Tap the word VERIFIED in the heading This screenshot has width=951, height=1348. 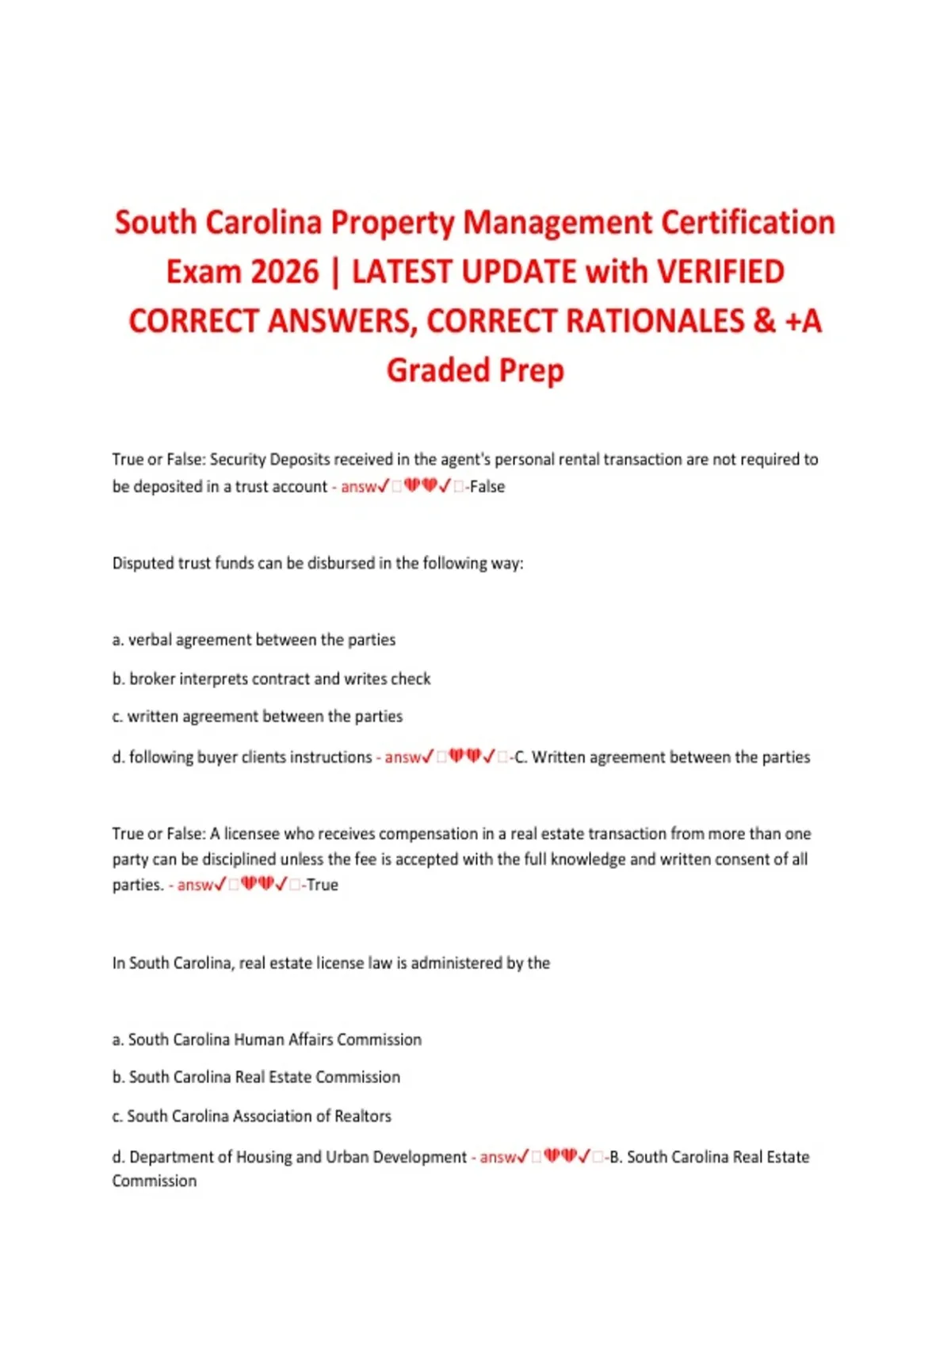[x=720, y=272]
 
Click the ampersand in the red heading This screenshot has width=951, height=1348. [x=764, y=321]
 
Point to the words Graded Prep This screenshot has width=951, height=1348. [x=475, y=370]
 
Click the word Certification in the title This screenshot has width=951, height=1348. [x=747, y=223]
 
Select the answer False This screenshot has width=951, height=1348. [x=487, y=487]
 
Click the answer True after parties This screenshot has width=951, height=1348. [x=322, y=885]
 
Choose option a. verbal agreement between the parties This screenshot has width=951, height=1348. [x=254, y=640]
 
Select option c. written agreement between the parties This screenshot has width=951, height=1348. [x=258, y=717]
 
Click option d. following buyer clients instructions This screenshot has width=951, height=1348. [x=242, y=757]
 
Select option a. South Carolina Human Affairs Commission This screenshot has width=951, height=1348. [x=267, y=1040]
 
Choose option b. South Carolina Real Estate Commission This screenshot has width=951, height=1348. [x=256, y=1078]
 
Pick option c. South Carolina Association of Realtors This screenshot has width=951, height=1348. [x=252, y=1116]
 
